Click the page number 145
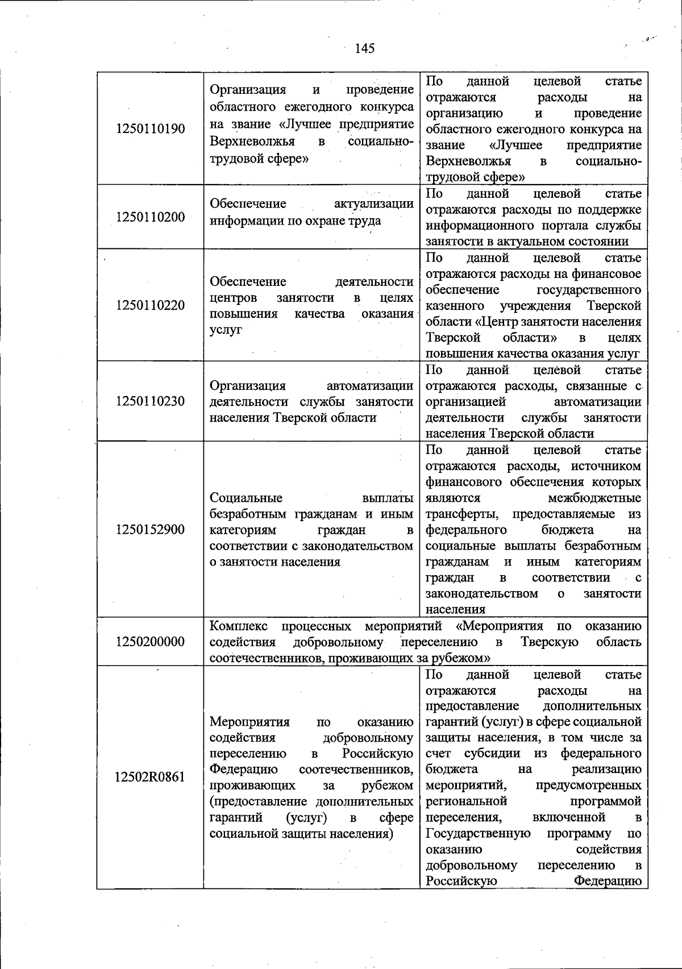point(364,48)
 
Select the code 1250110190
point(150,128)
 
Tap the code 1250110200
point(150,217)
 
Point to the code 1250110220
point(150,305)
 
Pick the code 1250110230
point(150,402)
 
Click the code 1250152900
point(150,530)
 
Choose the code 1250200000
point(150,642)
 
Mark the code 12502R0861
point(150,777)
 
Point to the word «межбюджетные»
point(594,498)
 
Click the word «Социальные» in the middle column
point(246,498)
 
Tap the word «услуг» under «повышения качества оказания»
point(226,330)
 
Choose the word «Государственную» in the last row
point(478,833)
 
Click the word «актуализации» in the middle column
point(373,204)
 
